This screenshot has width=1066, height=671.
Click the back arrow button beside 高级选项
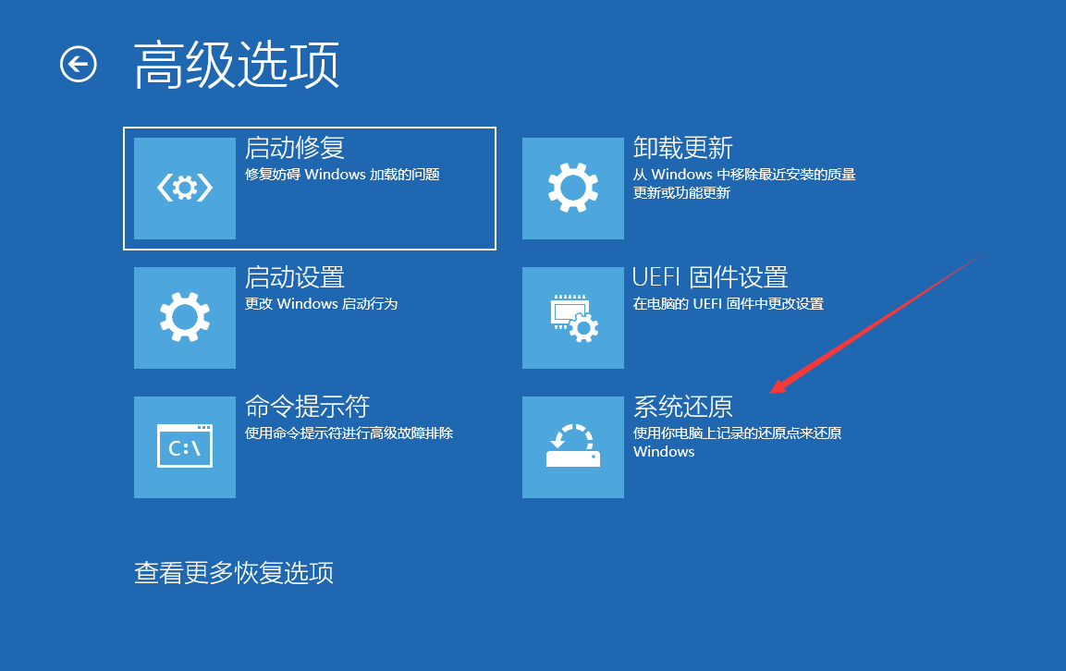click(79, 64)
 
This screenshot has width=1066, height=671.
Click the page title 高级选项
click(237, 65)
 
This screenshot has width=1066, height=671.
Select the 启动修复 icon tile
click(185, 189)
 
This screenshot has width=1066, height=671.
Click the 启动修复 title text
click(294, 148)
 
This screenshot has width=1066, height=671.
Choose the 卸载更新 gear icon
click(573, 189)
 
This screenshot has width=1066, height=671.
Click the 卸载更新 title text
click(682, 148)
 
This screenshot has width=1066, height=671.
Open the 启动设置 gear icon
click(185, 318)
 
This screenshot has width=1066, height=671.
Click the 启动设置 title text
click(294, 277)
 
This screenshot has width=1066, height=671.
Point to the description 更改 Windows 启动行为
click(321, 303)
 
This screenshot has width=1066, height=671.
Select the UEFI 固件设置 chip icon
click(573, 318)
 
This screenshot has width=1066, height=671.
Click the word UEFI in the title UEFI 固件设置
click(656, 277)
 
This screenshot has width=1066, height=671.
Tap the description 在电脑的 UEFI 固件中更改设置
click(728, 303)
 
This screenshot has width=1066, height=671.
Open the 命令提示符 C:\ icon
click(185, 447)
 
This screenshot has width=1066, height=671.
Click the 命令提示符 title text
click(307, 407)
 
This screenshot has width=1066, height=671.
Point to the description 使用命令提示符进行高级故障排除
click(349, 433)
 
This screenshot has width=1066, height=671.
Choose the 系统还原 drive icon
click(573, 447)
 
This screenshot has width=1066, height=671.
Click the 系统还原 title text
click(682, 407)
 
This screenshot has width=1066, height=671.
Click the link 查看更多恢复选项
click(234, 573)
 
